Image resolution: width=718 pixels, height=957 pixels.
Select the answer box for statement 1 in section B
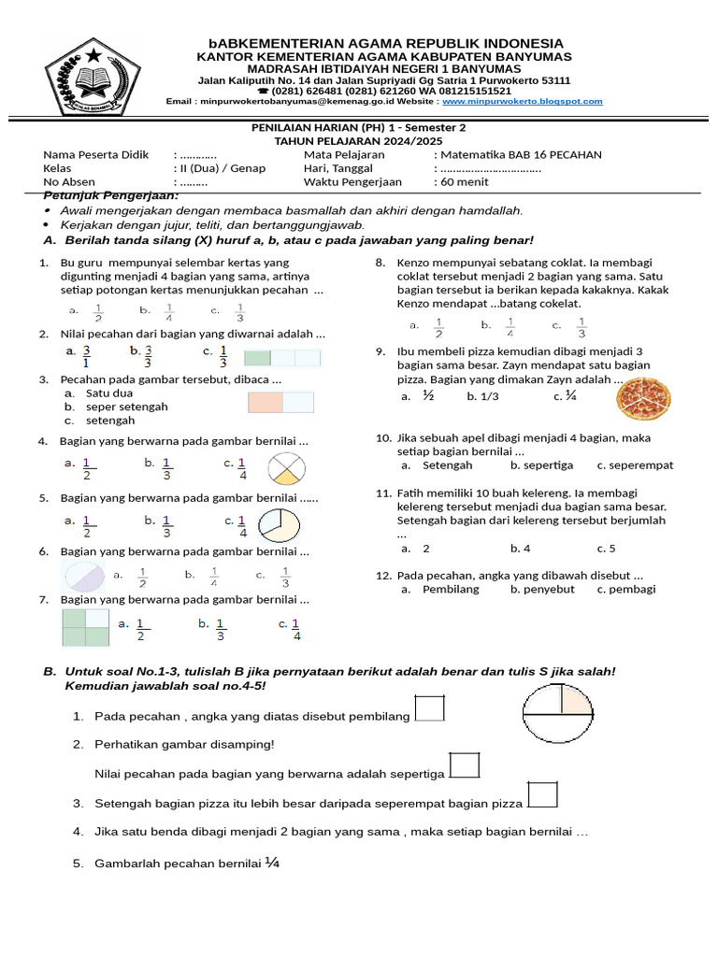point(429,708)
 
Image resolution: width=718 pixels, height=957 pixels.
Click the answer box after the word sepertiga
point(464,765)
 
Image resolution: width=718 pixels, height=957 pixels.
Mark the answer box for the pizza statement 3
point(542,794)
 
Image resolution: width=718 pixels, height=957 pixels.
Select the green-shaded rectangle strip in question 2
point(281,358)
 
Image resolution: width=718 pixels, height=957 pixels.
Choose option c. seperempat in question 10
point(635,464)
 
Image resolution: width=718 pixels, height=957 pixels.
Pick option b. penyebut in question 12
point(542,589)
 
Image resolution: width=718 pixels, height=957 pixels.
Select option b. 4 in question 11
point(520,549)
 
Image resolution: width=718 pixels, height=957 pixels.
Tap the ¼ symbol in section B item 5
point(272,863)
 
